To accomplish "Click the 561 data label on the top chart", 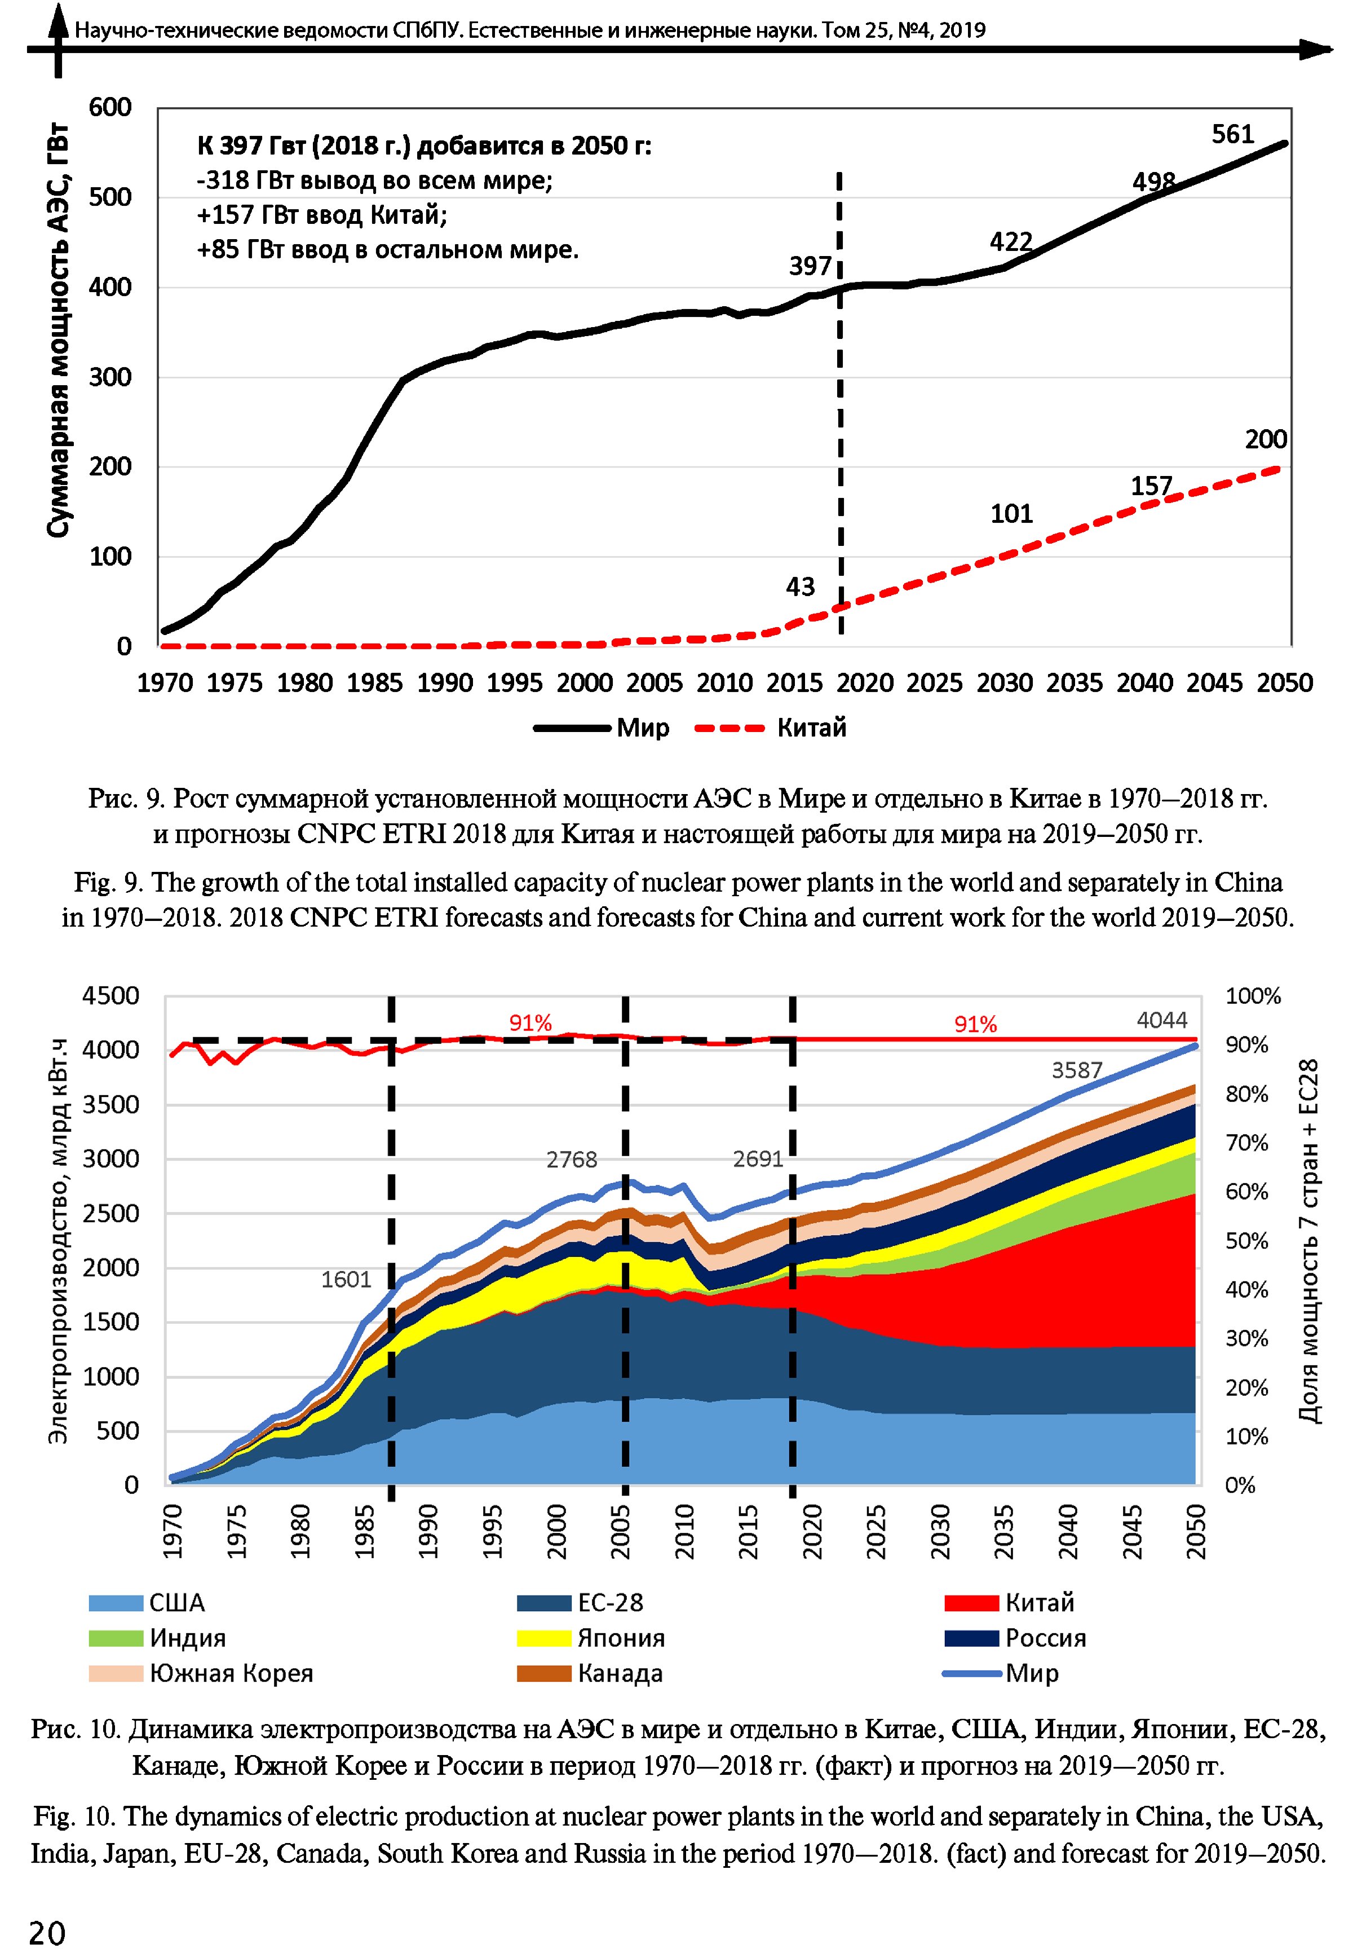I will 1232,134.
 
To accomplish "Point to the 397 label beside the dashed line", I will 811,266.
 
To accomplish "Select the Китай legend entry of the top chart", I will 811,728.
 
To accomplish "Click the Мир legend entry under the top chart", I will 643,728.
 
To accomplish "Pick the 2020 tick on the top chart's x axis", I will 865,682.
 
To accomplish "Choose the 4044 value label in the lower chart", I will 1161,1020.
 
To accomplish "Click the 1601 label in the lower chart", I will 346,1279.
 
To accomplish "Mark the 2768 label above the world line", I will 572,1160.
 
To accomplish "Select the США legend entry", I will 177,1603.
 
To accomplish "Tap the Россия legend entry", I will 1045,1638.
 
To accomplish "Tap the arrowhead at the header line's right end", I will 1317,50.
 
